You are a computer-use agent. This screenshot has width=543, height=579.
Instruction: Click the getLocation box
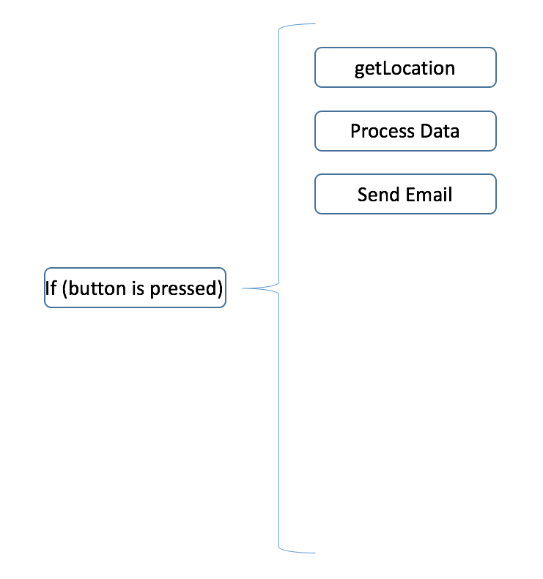pos(405,67)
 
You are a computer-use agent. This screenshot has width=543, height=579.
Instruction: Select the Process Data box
pos(405,131)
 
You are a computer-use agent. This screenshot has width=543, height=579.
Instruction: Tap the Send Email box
pos(405,194)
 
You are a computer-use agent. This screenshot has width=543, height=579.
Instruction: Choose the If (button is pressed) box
pos(135,288)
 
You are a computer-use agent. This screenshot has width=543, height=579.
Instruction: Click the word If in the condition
pos(51,288)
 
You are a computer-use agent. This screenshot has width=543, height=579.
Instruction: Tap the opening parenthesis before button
pos(64,288)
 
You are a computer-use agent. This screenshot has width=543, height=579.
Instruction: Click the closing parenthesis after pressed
pos(219,288)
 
